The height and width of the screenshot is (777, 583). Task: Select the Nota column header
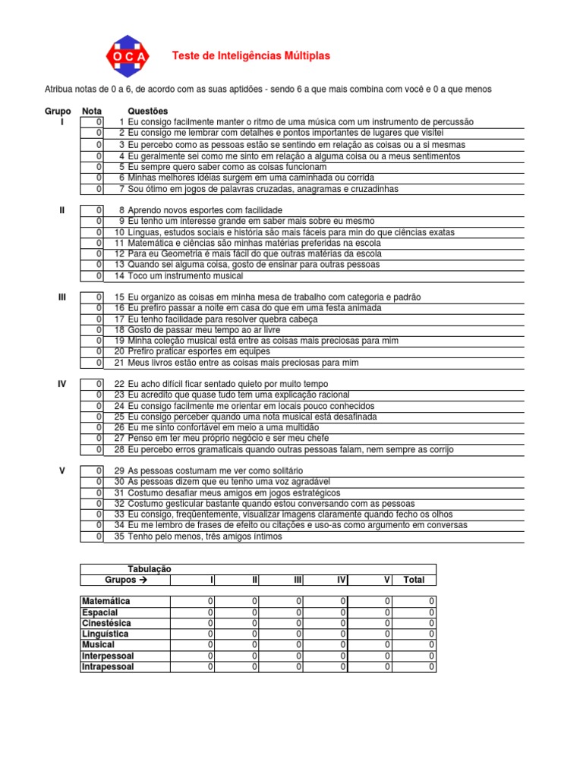pyautogui.click(x=92, y=111)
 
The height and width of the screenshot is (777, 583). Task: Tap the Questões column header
pyautogui.click(x=149, y=111)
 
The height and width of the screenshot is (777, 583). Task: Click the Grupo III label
pyautogui.click(x=62, y=297)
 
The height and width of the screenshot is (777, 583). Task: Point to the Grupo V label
pyautogui.click(x=62, y=471)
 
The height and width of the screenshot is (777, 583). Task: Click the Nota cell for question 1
pyautogui.click(x=93, y=122)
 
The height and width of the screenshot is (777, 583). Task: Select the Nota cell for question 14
pyautogui.click(x=93, y=276)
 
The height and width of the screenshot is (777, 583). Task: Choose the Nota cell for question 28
pyautogui.click(x=93, y=450)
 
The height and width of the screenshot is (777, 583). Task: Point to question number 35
pyautogui.click(x=119, y=537)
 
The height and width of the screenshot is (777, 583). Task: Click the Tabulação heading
pyautogui.click(x=149, y=569)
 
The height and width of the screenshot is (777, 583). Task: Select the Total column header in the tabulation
pyautogui.click(x=414, y=580)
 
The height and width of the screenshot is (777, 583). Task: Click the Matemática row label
pyautogui.click(x=106, y=602)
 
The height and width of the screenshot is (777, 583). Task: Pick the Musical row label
pyautogui.click(x=98, y=645)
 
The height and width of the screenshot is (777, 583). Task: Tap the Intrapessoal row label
pyautogui.click(x=108, y=667)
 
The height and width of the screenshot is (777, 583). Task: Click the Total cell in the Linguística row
pyautogui.click(x=414, y=634)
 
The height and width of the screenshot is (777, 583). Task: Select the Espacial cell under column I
pyautogui.click(x=193, y=612)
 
